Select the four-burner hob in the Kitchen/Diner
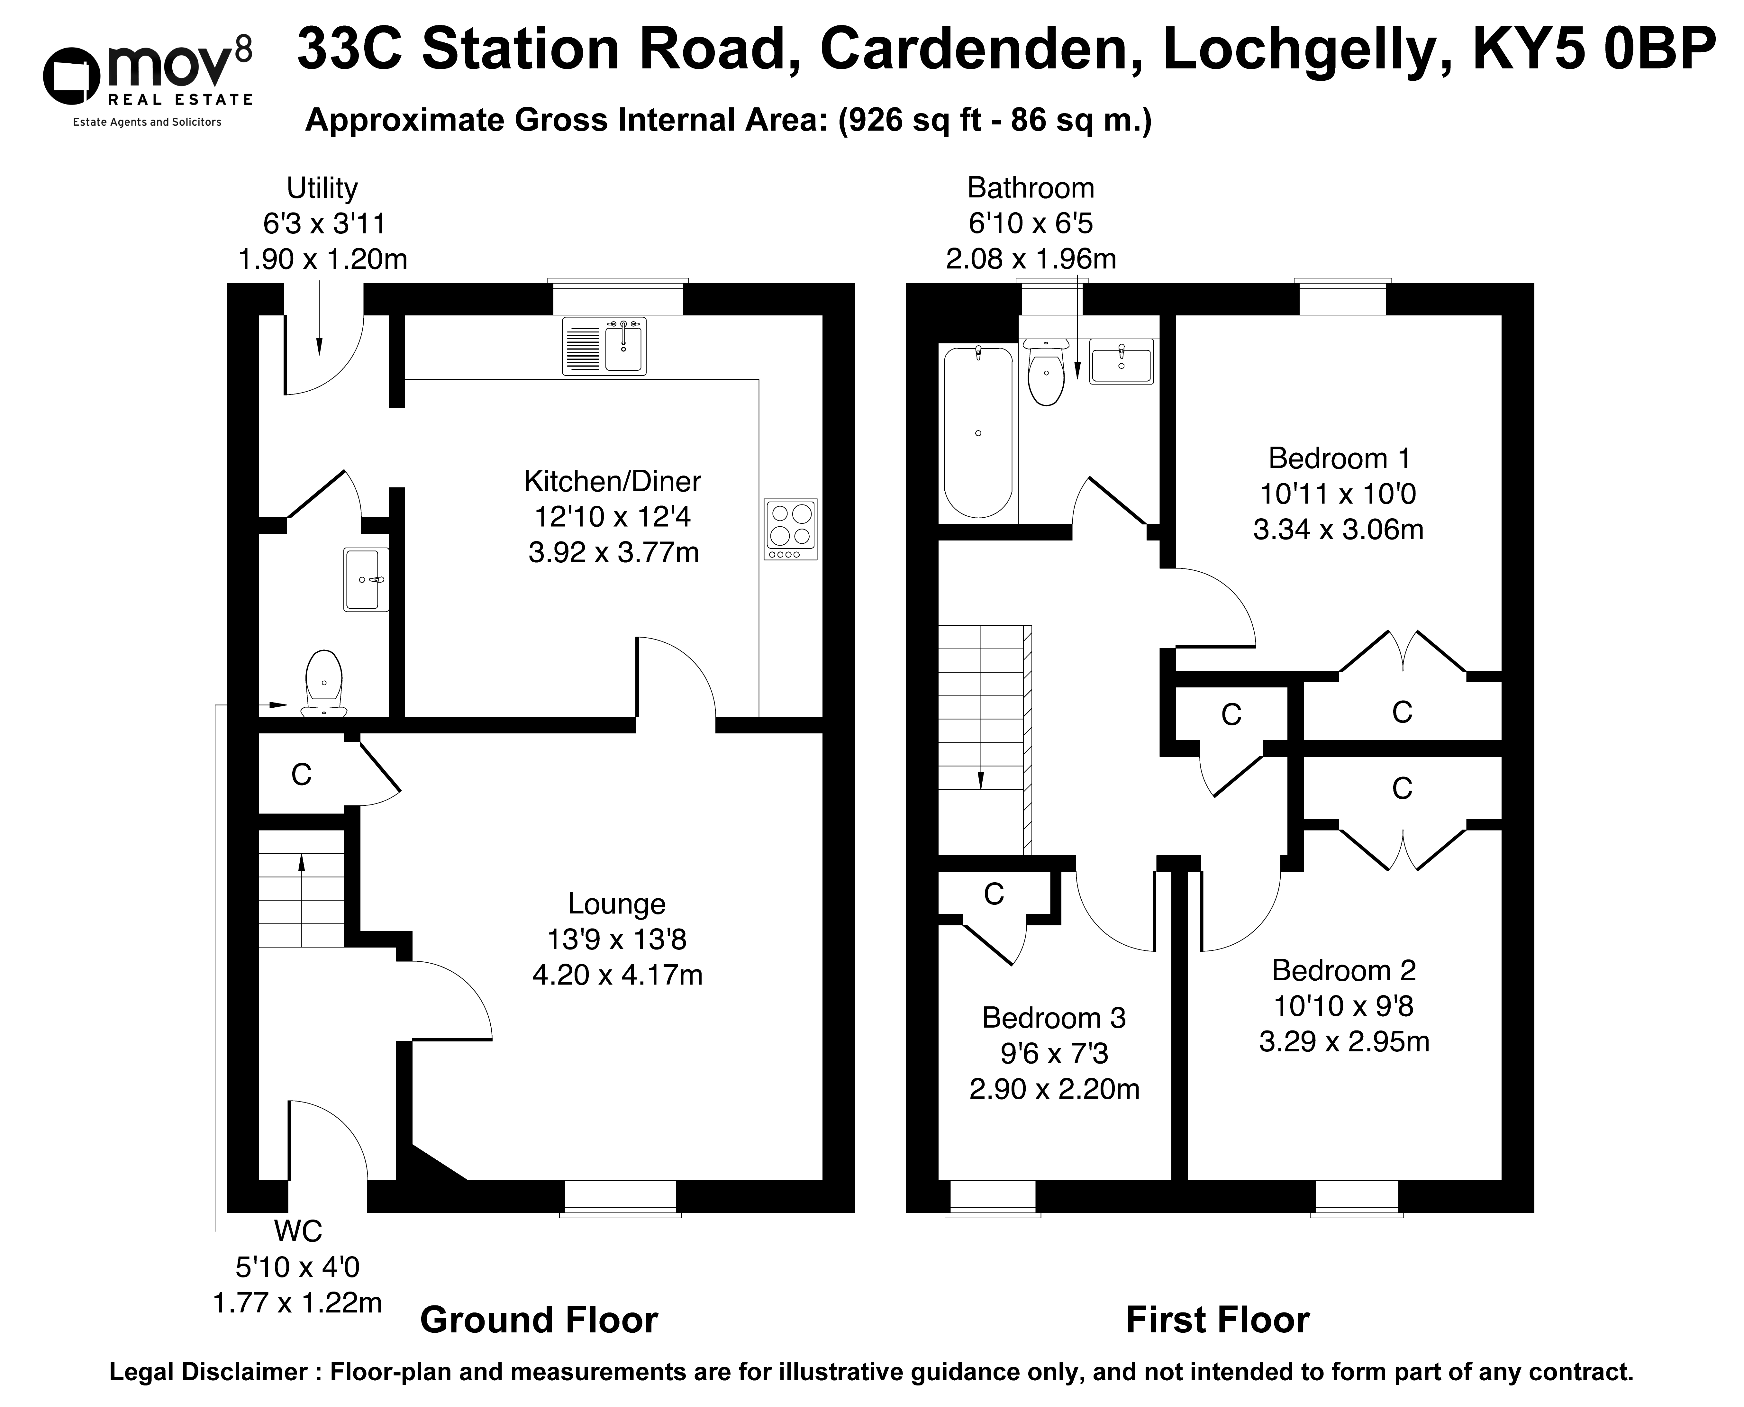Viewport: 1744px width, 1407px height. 790,529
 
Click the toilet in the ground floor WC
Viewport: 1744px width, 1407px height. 324,683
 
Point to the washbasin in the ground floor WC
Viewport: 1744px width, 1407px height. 366,579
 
